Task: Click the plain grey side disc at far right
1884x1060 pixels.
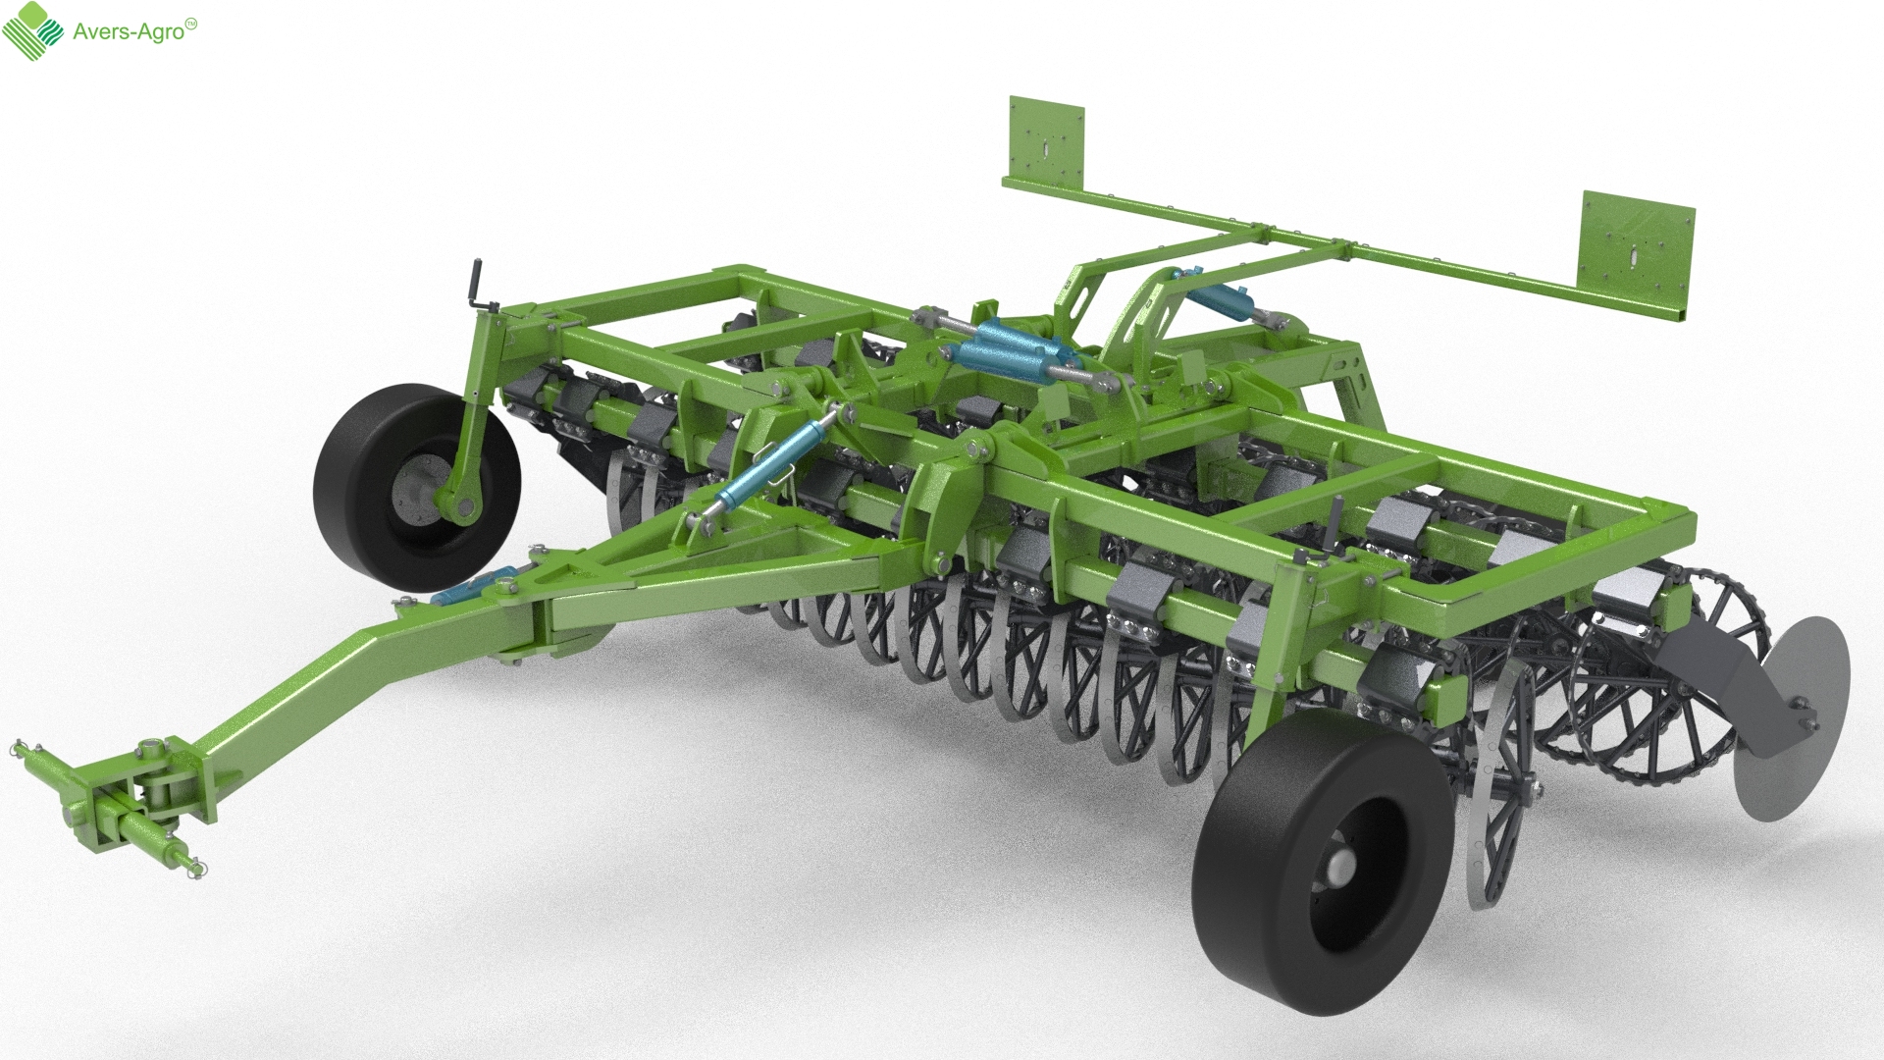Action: pyautogui.click(x=1792, y=716)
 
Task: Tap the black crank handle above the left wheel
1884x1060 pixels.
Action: pyautogui.click(x=481, y=284)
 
